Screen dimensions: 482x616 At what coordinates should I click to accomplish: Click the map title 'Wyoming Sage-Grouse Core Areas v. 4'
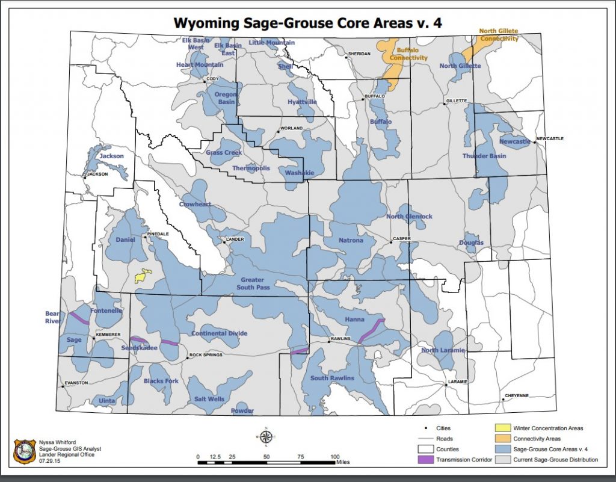tap(309, 23)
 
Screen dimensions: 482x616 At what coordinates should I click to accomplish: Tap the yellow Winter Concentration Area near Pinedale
tap(143, 276)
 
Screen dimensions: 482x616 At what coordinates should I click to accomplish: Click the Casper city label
tap(401, 239)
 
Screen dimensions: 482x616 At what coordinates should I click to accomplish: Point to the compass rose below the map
tap(265, 436)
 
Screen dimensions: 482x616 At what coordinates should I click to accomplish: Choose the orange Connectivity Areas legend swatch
tap(503, 439)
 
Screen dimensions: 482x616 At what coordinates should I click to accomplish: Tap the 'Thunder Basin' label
tap(484, 156)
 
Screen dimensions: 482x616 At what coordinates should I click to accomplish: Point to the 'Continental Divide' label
tap(218, 333)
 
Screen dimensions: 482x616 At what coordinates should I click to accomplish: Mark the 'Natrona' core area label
tap(351, 241)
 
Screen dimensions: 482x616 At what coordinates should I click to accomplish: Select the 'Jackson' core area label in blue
tap(111, 156)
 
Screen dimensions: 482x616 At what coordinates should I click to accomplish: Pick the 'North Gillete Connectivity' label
tap(499, 35)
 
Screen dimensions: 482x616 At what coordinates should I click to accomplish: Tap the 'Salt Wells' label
tap(209, 399)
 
